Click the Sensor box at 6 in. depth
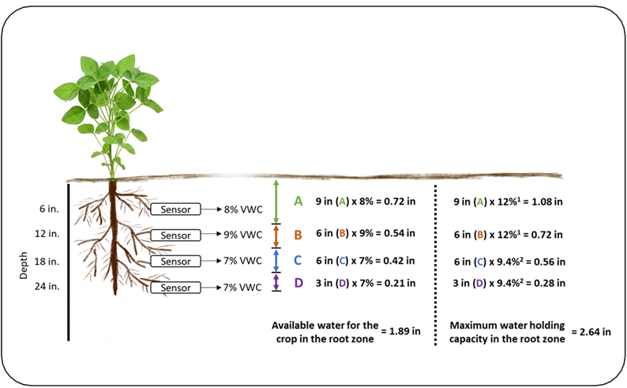(x=175, y=209)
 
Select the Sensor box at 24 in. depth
(x=175, y=288)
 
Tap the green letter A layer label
(x=298, y=202)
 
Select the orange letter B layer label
(x=298, y=235)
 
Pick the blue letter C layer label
(x=298, y=260)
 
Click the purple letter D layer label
(x=298, y=282)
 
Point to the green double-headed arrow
(x=276, y=202)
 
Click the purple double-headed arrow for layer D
(x=276, y=282)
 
